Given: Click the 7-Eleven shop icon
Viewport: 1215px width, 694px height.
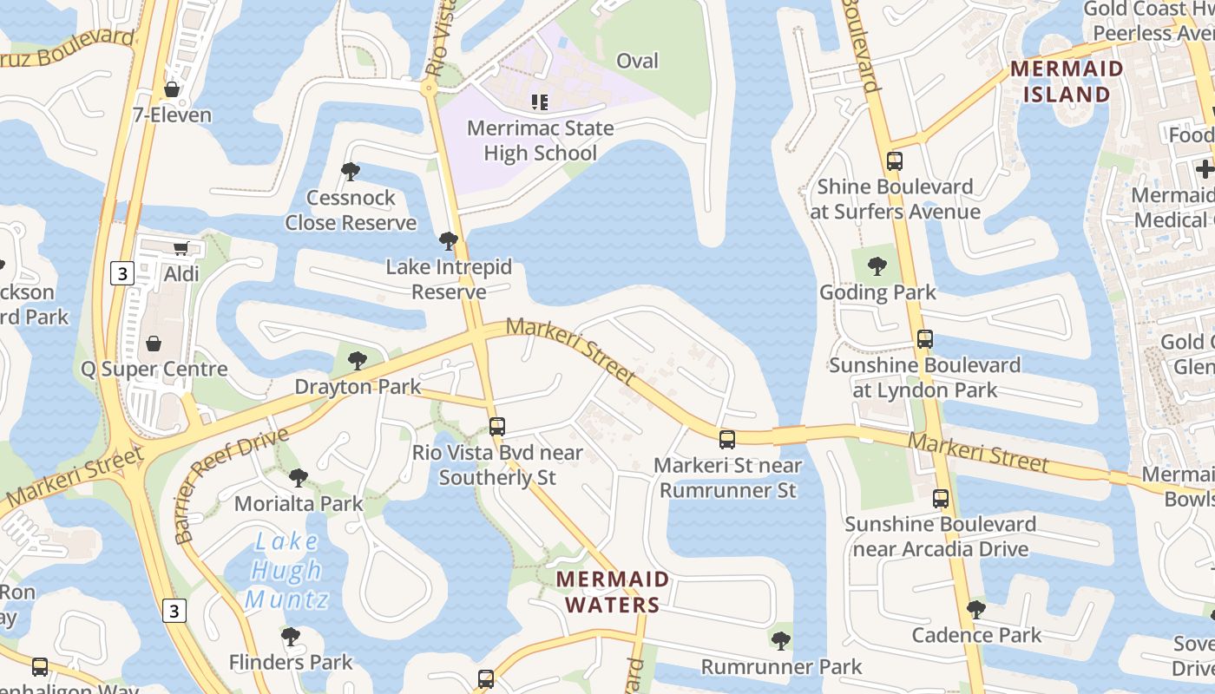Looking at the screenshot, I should pyautogui.click(x=172, y=89).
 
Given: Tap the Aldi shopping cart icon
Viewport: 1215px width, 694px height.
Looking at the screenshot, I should pyautogui.click(x=181, y=249).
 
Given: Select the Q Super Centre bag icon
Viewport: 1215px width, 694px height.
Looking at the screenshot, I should pyautogui.click(x=154, y=344).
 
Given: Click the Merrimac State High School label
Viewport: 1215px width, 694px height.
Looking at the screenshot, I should pyautogui.click(x=540, y=141).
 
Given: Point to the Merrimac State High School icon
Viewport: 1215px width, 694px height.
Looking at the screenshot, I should pyautogui.click(x=540, y=102).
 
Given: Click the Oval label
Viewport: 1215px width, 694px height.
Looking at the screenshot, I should pyautogui.click(x=637, y=61).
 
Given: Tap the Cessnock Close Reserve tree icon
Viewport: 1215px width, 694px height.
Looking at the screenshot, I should pyautogui.click(x=351, y=172).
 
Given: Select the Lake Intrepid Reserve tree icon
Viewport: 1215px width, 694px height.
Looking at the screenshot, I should pyautogui.click(x=449, y=241).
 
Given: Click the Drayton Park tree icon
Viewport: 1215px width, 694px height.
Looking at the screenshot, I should pyautogui.click(x=357, y=360).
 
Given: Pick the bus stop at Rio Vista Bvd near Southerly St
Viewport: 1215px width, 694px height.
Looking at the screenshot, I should pyautogui.click(x=496, y=427).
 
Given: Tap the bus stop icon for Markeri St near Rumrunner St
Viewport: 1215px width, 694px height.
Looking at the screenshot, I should pyautogui.click(x=726, y=440).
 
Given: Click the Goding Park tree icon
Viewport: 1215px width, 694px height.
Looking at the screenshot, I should pyautogui.click(x=877, y=265).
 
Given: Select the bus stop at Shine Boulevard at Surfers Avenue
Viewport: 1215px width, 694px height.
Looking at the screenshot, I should pyautogui.click(x=895, y=161).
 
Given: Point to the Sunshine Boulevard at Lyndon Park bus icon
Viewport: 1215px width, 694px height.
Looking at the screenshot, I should pyautogui.click(x=925, y=339).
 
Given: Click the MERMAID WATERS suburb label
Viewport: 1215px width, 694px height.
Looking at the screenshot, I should pyautogui.click(x=613, y=592).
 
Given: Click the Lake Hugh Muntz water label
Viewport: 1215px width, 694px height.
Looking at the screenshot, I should pyautogui.click(x=286, y=570).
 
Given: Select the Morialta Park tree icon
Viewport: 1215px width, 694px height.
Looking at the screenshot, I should pyautogui.click(x=298, y=477).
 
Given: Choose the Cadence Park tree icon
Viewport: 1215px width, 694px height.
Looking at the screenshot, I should pyautogui.click(x=976, y=610).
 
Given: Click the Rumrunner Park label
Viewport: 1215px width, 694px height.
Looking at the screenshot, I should pyautogui.click(x=781, y=666).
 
